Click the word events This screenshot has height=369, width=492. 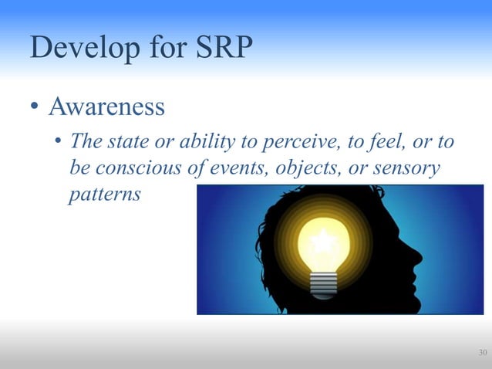point(219,168)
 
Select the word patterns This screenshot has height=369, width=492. point(105,193)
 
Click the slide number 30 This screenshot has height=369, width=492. point(482,354)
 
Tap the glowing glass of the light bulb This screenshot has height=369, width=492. point(323,243)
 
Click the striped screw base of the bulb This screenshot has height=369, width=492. point(323,285)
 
